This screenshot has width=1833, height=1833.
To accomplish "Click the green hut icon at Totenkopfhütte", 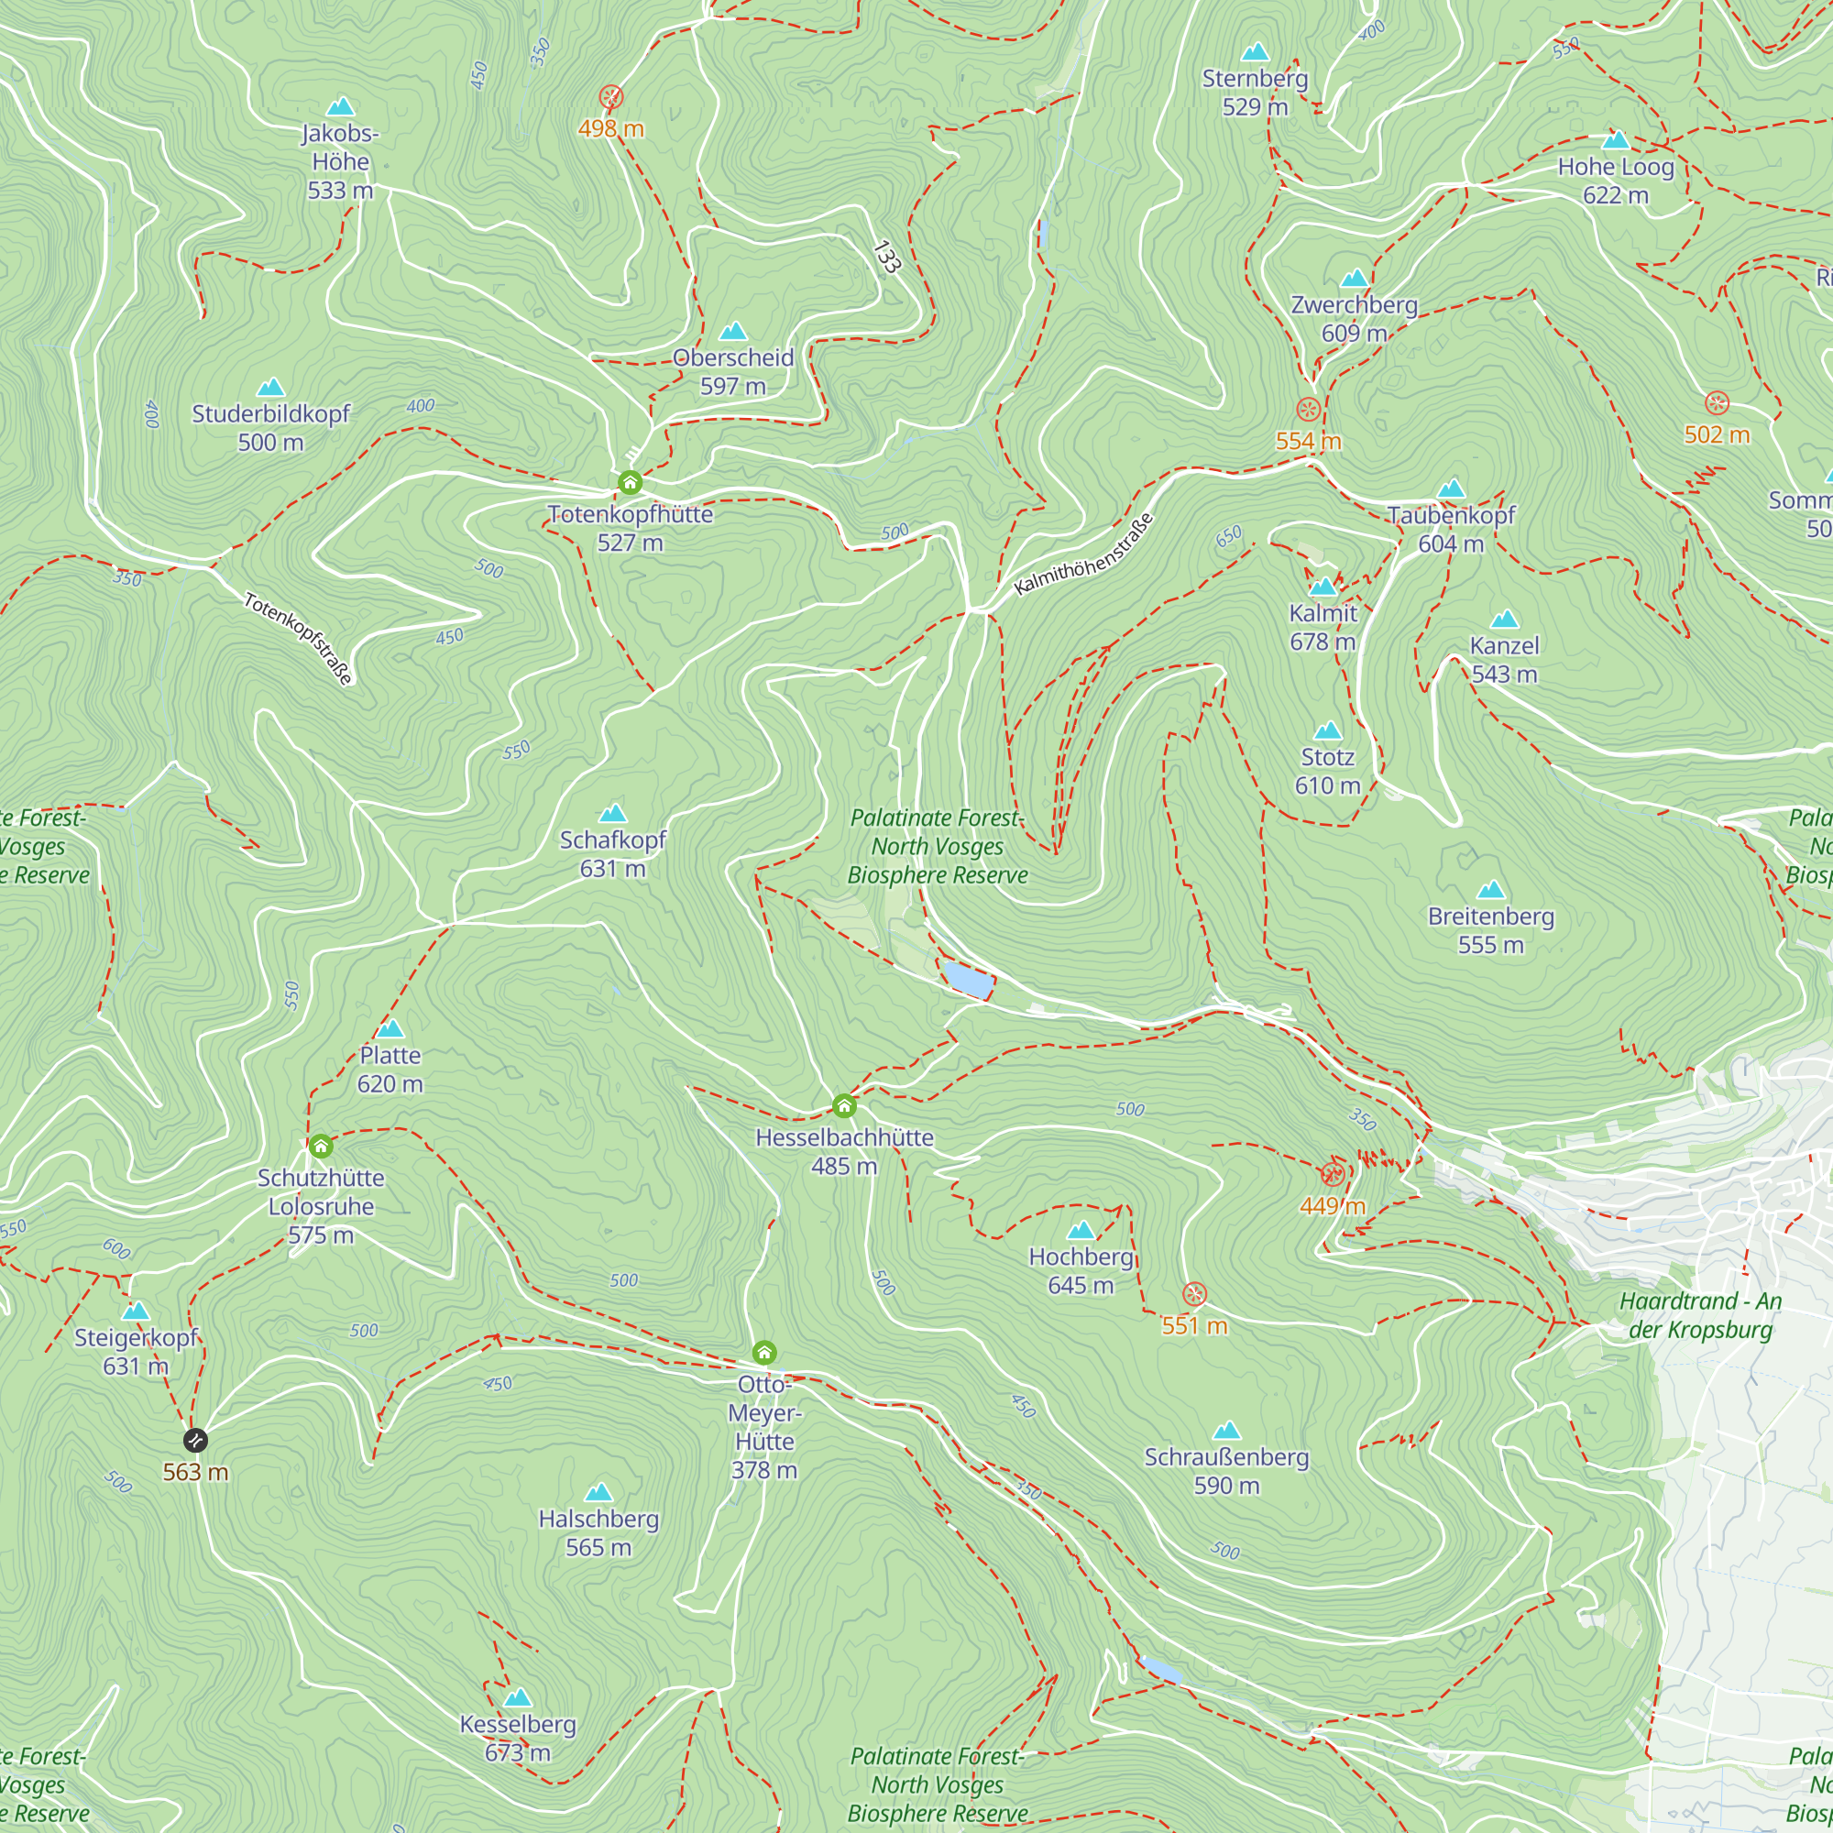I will pos(630,482).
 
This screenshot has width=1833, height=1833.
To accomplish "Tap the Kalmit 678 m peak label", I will pos(1323,626).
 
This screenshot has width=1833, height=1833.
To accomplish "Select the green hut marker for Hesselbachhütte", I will pos(844,1105).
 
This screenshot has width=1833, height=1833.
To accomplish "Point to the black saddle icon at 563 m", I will pos(195,1440).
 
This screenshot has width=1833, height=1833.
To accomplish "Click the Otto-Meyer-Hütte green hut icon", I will pos(764,1352).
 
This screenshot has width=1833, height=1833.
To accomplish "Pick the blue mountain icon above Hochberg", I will pos(1081,1231).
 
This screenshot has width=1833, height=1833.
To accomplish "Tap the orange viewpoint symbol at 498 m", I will pos(612,97).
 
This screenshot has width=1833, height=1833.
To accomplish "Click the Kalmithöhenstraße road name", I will pos(1083,554).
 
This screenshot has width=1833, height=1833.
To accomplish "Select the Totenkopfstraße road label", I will pos(299,638).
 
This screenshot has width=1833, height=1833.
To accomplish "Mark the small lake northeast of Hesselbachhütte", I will pos(968,980).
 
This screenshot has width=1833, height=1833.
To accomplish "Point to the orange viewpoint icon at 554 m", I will pos(1309,410).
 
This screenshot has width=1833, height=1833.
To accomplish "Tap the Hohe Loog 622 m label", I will pos(1615,181).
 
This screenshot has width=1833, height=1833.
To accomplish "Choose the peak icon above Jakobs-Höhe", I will pos(340,106).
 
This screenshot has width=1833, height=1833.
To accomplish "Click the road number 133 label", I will pos(885,258).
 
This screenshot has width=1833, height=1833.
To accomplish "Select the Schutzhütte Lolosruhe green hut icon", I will pos(321,1147).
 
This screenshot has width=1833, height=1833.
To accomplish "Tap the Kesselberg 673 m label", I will pos(517,1737).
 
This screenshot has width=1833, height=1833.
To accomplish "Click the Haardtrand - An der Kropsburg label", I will pos(1700,1315).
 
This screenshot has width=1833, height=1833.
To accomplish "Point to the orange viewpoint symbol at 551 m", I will pos(1194,1294).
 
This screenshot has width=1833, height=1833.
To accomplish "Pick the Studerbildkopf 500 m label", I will pos(270,427).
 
